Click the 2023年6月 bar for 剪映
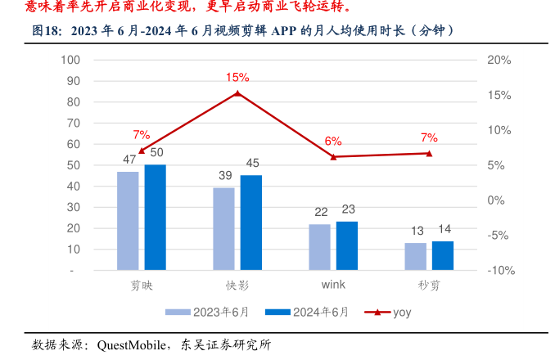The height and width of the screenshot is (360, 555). tap(128, 220)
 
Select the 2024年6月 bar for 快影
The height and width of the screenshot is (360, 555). tap(251, 222)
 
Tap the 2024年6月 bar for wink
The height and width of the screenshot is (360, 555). tap(347, 245)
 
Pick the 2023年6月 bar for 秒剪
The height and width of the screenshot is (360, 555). tap(415, 256)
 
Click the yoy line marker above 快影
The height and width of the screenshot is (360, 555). tap(237, 93)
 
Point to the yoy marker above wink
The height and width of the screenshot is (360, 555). tap(333, 156)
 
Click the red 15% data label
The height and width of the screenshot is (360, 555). tap(237, 78)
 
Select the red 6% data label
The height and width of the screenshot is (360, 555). tap(333, 141)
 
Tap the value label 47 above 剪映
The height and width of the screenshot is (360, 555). tap(129, 160)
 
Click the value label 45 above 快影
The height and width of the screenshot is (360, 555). tap(252, 163)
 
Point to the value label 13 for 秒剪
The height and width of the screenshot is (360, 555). tap(417, 231)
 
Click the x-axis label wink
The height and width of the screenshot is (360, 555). tap(333, 286)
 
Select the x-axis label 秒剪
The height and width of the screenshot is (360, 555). tap(429, 286)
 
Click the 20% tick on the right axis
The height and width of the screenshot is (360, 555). tap(499, 60)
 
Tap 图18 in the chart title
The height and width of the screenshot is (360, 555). tap(47, 31)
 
